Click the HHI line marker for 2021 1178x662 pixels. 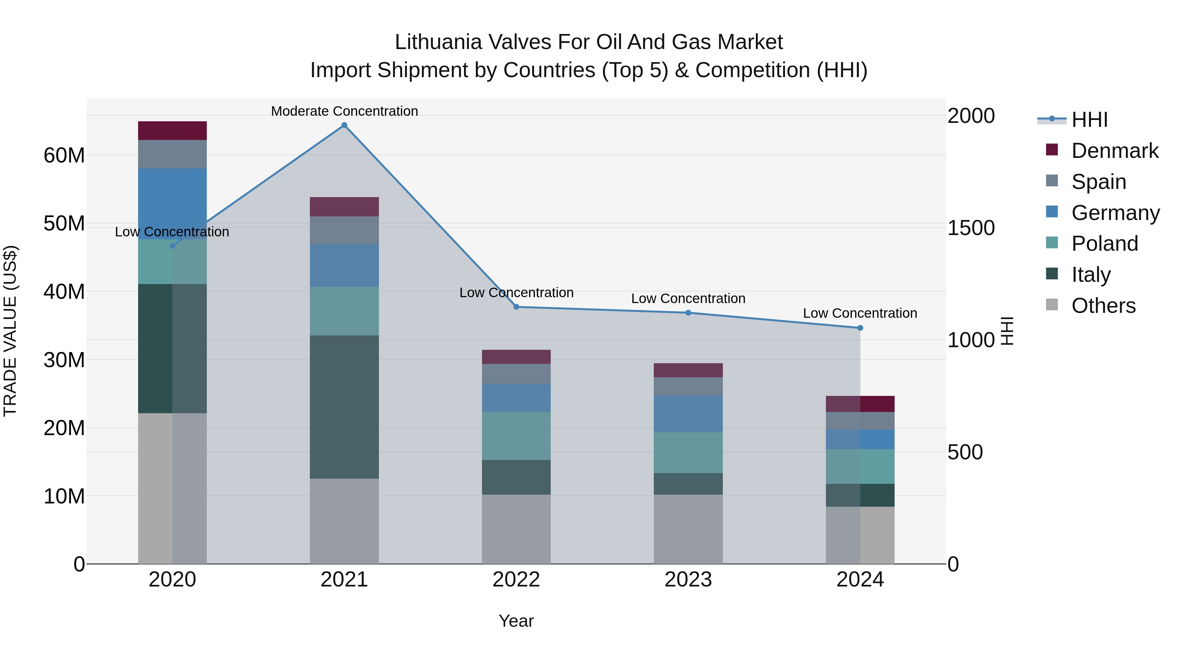pyautogui.click(x=344, y=125)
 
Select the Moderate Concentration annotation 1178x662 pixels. pyautogui.click(x=344, y=111)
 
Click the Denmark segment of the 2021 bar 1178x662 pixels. pyautogui.click(x=344, y=207)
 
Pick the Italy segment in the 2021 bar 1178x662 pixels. pyautogui.click(x=344, y=407)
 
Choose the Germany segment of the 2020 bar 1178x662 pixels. pyautogui.click(x=172, y=204)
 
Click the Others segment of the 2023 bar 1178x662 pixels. pyautogui.click(x=688, y=529)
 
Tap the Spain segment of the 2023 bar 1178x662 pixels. pyautogui.click(x=688, y=386)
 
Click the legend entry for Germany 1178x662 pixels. pyautogui.click(x=1115, y=213)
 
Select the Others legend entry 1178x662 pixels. pyautogui.click(x=1103, y=306)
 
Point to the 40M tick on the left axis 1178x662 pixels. pyautogui.click(x=64, y=292)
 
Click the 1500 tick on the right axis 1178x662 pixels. pyautogui.click(x=971, y=228)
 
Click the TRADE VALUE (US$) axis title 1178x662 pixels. pyautogui.click(x=10, y=331)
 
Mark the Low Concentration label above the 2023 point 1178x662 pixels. pyautogui.click(x=688, y=298)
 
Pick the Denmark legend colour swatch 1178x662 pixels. pyautogui.click(x=1052, y=150)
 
